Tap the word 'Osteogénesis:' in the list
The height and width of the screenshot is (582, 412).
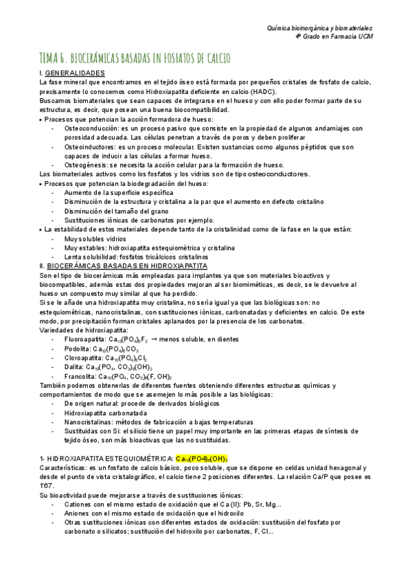click(86, 165)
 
